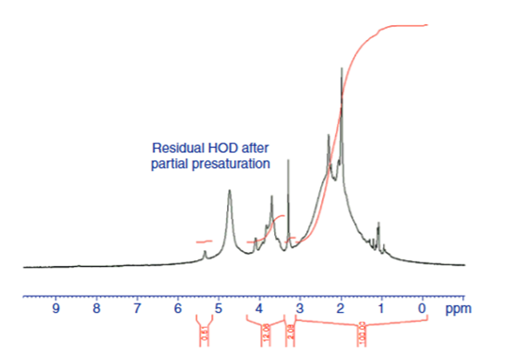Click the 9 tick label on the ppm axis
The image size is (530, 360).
pos(57,309)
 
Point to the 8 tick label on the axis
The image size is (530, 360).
pos(97,309)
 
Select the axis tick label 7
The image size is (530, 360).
pos(138,309)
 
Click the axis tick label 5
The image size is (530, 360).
pos(218,309)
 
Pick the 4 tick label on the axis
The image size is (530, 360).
pos(259,309)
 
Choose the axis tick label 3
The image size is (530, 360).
pos(300,309)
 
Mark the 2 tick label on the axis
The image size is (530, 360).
pos(340,309)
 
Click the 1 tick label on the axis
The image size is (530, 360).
pos(381,309)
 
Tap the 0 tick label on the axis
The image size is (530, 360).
pos(422,309)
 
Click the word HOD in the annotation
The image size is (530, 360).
pos(218,147)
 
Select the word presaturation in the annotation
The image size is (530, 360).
pos(236,163)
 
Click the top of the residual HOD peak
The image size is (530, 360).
pos(230,191)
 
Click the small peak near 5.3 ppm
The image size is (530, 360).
pos(205,252)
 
